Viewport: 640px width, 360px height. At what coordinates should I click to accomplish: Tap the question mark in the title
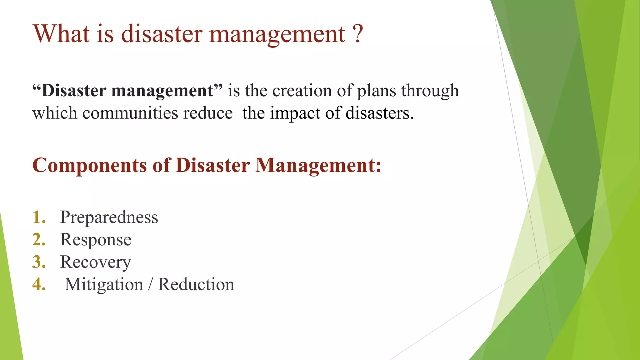click(358, 34)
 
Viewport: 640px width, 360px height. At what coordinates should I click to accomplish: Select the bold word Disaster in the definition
click(74, 91)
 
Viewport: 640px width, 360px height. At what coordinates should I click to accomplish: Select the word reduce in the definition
click(208, 113)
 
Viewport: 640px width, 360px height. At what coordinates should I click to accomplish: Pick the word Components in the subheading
click(89, 166)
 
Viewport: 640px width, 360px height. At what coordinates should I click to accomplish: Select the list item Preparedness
click(109, 217)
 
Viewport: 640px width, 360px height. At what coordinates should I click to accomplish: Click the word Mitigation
click(104, 285)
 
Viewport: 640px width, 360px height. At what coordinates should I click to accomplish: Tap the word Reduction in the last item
click(196, 284)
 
